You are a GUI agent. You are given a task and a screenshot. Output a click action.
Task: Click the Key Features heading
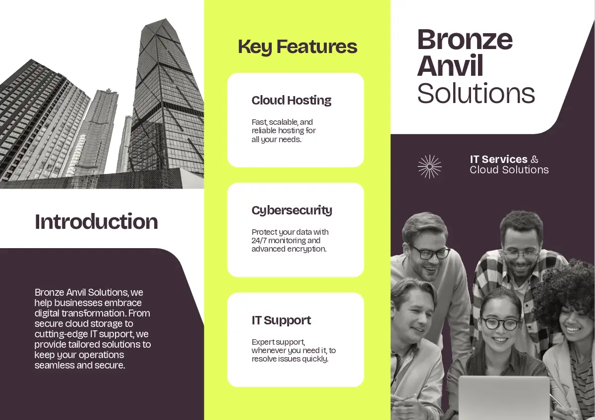tap(297, 47)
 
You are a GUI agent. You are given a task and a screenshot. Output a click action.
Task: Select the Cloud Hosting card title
tap(292, 101)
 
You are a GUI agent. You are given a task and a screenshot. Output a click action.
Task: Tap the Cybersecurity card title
tap(292, 210)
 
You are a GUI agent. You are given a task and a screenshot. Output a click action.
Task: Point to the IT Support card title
tap(281, 320)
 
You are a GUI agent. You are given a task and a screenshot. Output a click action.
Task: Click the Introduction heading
tap(96, 221)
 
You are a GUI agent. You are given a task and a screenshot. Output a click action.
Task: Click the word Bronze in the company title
tap(465, 40)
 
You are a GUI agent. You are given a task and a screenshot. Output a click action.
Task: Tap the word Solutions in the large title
tap(476, 94)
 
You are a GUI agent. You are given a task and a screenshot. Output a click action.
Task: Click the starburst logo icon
tap(429, 166)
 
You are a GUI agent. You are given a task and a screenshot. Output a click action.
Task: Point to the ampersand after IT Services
tap(535, 159)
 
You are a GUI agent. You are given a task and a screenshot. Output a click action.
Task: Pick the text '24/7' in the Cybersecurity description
tap(259, 241)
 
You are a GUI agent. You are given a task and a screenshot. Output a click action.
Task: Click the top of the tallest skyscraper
tap(166, 19)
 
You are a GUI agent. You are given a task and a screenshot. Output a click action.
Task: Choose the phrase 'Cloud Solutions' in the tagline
tap(509, 170)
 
